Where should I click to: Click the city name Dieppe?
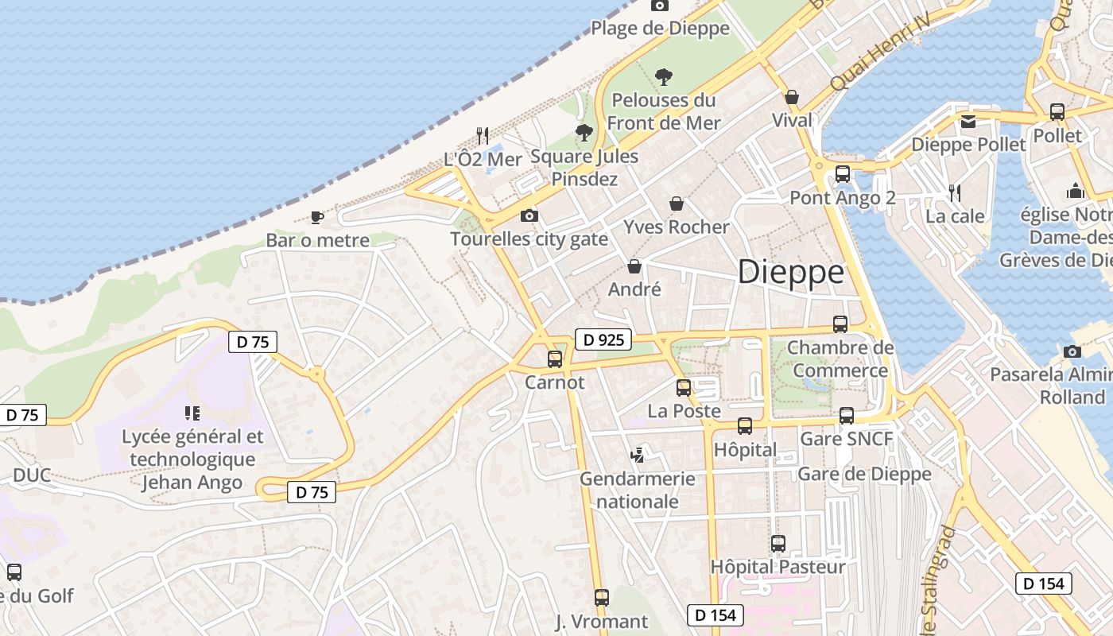791,273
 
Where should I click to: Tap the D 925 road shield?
603,340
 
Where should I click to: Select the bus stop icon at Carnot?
555,359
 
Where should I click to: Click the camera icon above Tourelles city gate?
529,215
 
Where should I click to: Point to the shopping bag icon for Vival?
792,97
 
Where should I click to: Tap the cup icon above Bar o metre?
317,217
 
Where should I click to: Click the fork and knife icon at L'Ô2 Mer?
483,135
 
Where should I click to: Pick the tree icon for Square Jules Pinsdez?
584,132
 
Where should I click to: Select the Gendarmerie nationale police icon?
637,456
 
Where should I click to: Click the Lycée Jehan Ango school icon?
192,413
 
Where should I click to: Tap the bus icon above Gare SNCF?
847,415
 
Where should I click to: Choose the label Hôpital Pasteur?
778,567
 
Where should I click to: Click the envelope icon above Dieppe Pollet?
968,122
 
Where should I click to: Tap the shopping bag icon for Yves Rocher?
677,204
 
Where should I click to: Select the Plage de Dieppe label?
660,29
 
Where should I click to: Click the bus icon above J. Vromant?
602,597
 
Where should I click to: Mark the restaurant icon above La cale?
955,192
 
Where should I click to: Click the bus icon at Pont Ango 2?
843,173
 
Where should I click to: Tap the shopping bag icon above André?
634,266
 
